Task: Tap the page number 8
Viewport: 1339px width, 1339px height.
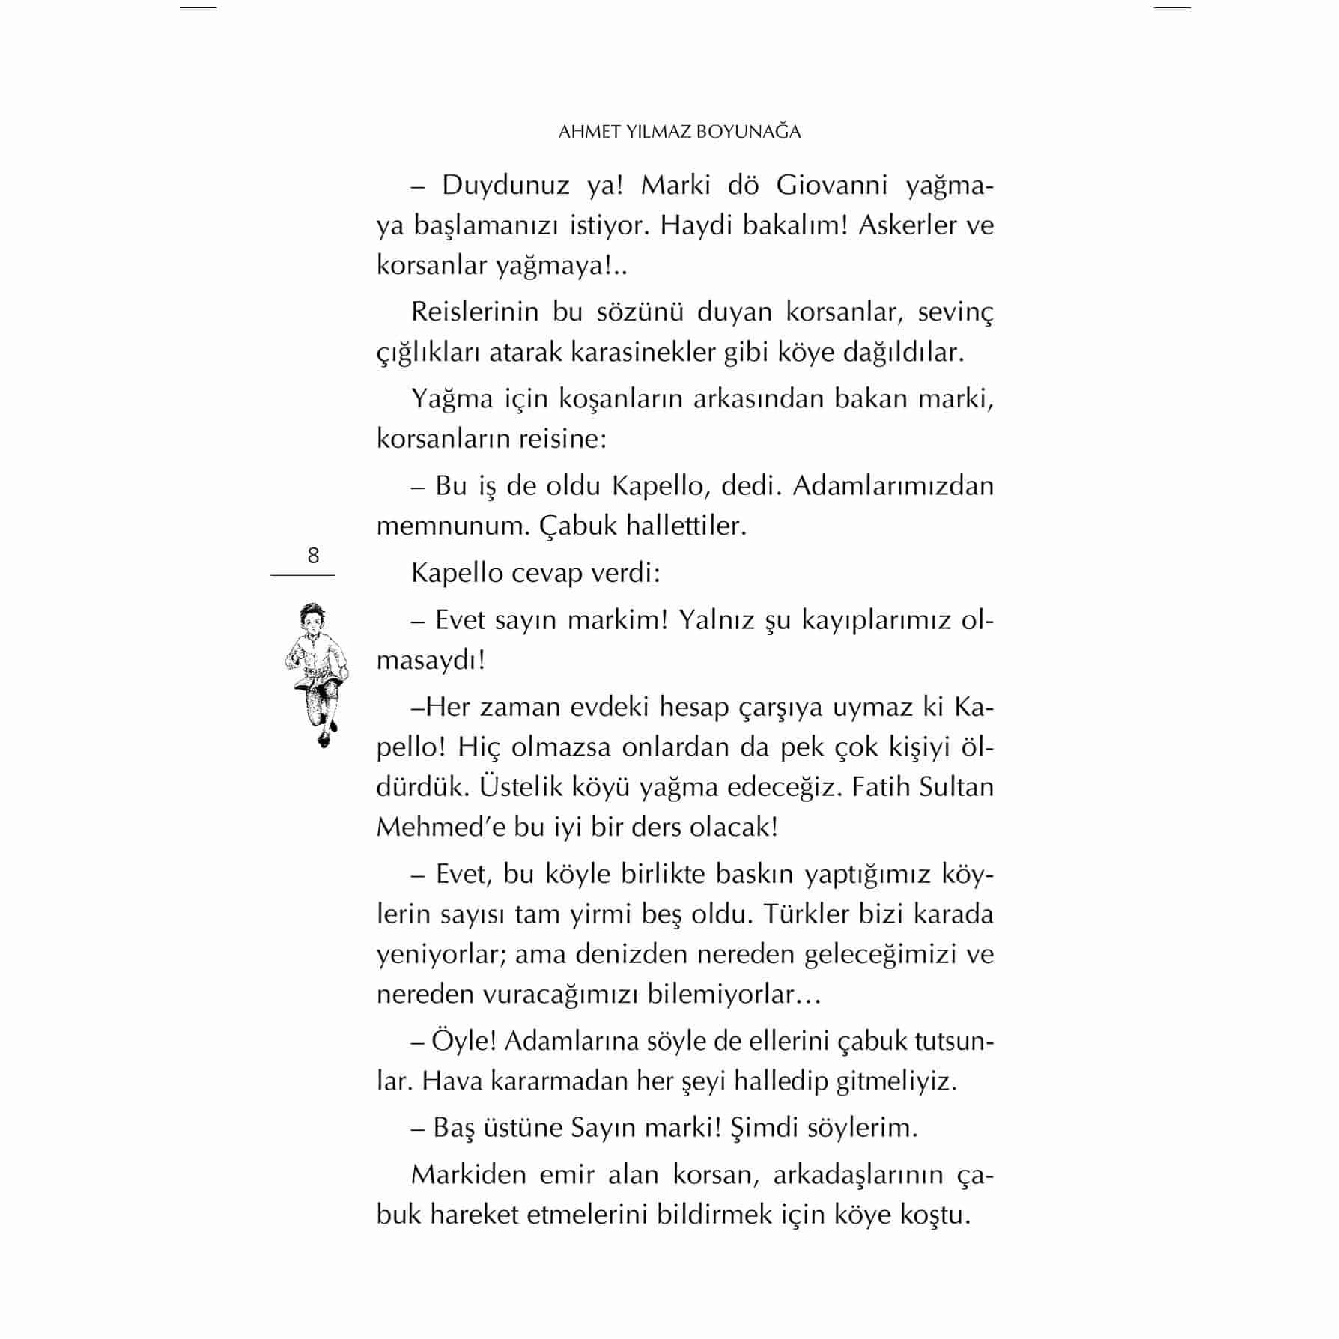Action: [313, 556]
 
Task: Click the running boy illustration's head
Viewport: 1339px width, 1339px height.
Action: [309, 619]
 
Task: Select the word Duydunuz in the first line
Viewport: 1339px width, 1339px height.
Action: [506, 185]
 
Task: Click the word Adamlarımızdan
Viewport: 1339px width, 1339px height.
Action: [893, 486]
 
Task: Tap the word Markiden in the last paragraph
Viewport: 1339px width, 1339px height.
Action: [467, 1174]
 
